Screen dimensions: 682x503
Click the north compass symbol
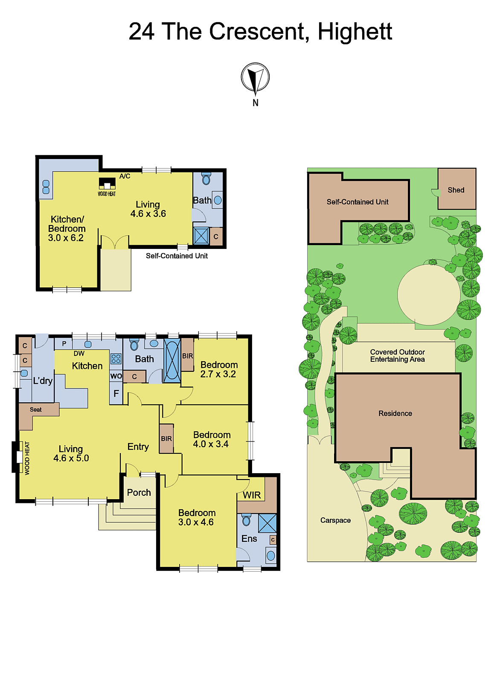255,78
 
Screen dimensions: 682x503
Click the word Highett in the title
355,32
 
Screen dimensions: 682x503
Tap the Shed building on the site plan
456,189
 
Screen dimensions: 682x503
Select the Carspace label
335,520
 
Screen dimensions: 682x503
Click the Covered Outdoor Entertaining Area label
397,355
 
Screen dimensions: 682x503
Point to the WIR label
252,495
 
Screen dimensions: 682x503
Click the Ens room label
249,539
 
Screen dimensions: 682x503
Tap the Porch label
139,493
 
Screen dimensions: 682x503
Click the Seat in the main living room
36,410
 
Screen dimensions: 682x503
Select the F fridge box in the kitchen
116,394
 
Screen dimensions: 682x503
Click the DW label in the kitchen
79,353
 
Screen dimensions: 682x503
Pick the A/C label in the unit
125,176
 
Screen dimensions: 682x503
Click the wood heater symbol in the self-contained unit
107,184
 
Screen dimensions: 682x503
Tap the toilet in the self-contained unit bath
206,179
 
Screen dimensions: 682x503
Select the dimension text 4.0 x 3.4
211,444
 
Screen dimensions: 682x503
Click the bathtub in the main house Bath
172,359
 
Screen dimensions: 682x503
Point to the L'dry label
43,381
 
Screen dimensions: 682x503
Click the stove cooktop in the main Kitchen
116,358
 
